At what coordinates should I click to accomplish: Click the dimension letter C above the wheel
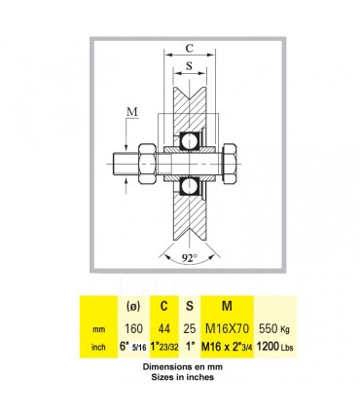point(190,48)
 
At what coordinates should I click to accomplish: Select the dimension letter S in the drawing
point(189,66)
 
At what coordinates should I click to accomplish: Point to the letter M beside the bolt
point(132,112)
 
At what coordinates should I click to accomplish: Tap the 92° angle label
point(190,258)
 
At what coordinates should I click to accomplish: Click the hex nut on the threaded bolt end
point(148,165)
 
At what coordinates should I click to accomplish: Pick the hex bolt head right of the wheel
point(231,164)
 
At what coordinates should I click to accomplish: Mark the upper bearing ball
point(188,141)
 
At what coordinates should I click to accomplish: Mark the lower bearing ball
point(188,186)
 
